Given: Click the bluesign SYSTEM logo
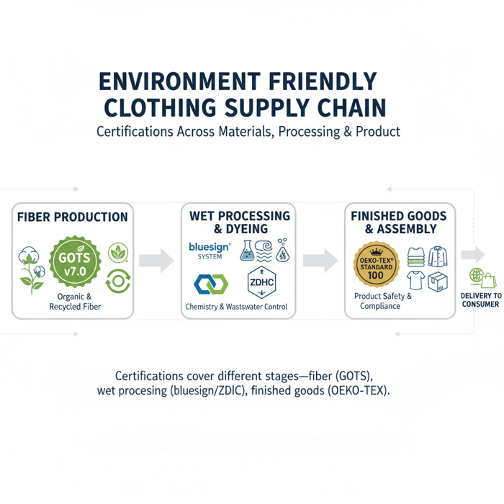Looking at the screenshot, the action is tap(209, 250).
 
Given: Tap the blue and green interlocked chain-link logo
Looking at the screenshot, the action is tap(211, 284).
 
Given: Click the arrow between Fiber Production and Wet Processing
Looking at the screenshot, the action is tap(156, 260).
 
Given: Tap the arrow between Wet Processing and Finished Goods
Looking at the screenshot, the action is tap(321, 260).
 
